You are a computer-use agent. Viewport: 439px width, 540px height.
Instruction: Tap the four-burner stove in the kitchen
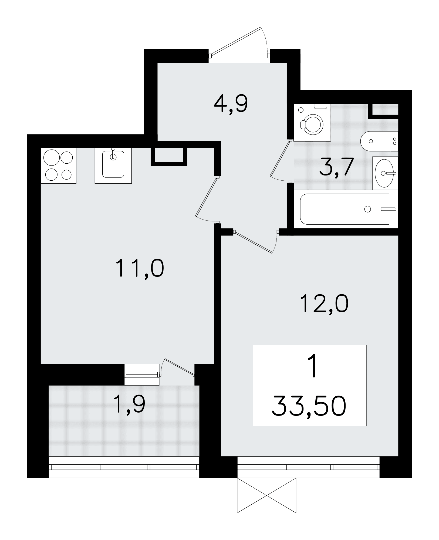[x=59, y=166]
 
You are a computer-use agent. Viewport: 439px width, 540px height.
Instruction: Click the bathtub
[x=346, y=209]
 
